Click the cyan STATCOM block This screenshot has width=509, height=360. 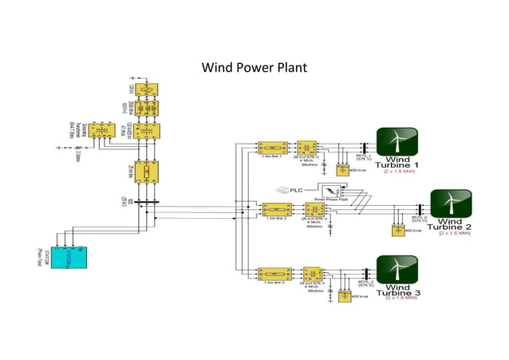tap(70, 257)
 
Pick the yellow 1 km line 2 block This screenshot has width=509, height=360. tap(274, 210)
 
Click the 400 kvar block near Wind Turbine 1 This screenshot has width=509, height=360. tap(343, 170)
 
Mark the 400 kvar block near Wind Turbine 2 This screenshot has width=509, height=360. tap(397, 231)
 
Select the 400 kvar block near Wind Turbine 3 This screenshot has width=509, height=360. tap(344, 296)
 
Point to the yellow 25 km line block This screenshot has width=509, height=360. tap(147, 172)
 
